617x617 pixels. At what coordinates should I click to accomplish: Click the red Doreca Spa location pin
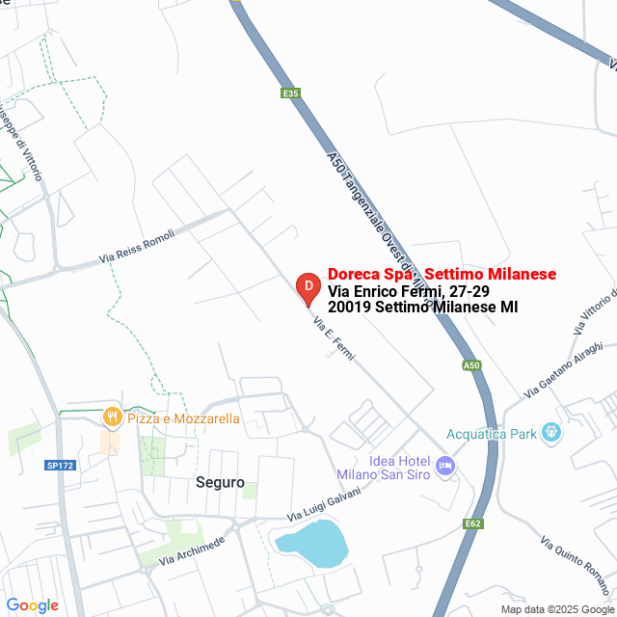pos(307,287)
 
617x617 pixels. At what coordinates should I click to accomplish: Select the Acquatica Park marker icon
pos(551,433)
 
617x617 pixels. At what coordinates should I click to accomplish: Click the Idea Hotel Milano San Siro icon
pos(445,466)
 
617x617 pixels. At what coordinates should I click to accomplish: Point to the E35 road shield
pos(291,94)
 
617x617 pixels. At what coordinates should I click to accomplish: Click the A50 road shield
pos(470,365)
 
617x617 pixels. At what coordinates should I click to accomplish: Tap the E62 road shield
pos(472,523)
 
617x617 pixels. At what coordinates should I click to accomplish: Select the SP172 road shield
pos(60,466)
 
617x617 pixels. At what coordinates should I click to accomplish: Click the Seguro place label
pos(220,482)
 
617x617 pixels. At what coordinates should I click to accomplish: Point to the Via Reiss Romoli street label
pos(136,248)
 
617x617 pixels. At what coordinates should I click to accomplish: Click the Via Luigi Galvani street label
pos(324,505)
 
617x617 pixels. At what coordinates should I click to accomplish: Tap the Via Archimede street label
pos(192,550)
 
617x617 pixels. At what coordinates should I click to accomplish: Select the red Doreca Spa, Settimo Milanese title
pos(442,275)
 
